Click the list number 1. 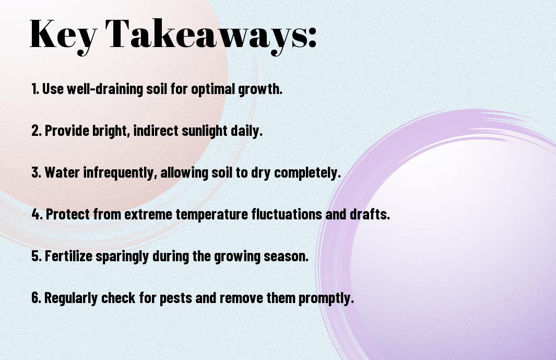click(35, 89)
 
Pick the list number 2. click(36, 131)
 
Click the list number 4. click(37, 214)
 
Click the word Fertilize click(68, 256)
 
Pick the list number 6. click(36, 297)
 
